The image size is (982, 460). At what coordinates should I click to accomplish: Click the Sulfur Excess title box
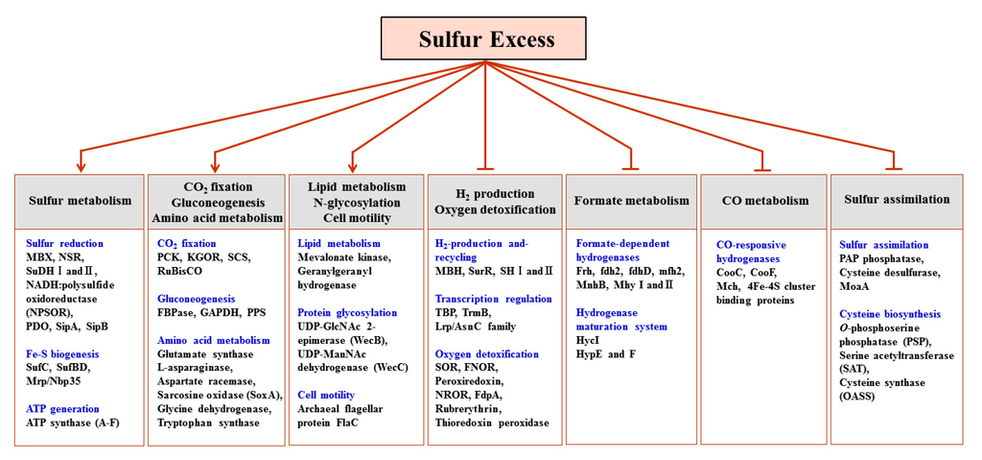tap(486, 39)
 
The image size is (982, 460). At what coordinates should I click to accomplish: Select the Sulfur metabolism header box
tap(80, 201)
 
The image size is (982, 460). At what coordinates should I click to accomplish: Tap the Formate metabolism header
tap(631, 201)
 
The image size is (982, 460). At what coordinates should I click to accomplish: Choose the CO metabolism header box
tap(764, 201)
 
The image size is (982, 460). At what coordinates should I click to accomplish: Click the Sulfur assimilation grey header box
tap(897, 200)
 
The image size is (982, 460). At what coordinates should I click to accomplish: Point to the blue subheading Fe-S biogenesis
tap(62, 354)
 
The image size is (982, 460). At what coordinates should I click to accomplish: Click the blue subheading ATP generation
tap(62, 409)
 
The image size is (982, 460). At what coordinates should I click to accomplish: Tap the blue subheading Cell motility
tap(326, 395)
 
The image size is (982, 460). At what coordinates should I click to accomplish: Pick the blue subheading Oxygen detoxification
tap(486, 354)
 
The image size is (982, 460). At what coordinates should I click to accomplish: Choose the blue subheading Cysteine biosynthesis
tap(889, 314)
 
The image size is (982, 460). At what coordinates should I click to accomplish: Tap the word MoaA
tap(855, 286)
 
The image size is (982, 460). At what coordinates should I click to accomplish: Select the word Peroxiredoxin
tap(471, 381)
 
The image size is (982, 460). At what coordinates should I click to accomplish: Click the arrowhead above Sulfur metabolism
tap(81, 154)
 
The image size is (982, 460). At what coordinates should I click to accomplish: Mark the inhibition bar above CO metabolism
tap(763, 170)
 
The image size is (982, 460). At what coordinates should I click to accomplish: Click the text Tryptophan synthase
tap(208, 423)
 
